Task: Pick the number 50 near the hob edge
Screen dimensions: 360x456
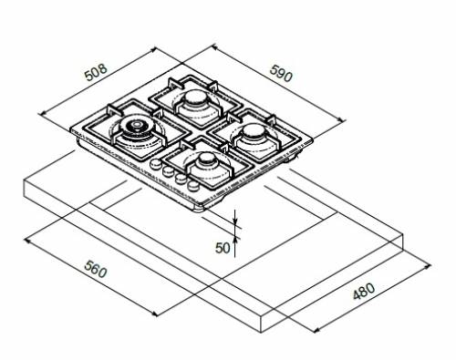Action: pyautogui.click(x=222, y=246)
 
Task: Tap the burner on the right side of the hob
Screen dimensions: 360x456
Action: pyautogui.click(x=253, y=137)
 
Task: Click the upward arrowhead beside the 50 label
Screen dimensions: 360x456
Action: pyautogui.click(x=235, y=240)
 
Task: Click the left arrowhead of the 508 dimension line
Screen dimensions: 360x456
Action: pyautogui.click(x=42, y=113)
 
